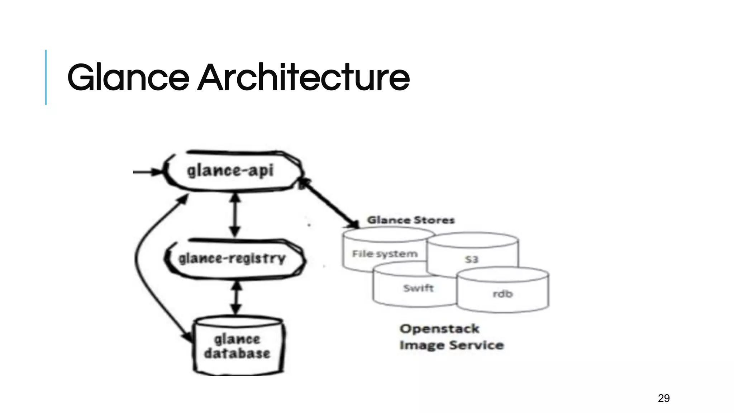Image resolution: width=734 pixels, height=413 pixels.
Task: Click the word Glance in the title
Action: coord(128,77)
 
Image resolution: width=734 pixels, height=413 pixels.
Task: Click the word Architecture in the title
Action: coord(304,77)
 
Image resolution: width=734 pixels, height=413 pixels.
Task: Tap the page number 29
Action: coord(664,398)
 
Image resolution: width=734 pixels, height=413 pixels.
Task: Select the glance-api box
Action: coord(231,171)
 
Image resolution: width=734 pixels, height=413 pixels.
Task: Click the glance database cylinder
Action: coord(238,346)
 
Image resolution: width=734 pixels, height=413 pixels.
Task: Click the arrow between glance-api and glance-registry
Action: coord(235,215)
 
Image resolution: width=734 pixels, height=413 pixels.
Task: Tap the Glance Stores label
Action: coord(411,220)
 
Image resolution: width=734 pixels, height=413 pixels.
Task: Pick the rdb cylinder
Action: coord(503,294)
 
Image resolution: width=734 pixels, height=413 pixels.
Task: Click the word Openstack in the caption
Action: coord(439,329)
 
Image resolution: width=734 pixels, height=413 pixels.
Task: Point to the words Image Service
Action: coord(452,345)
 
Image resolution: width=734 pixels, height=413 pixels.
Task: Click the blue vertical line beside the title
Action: coord(46,77)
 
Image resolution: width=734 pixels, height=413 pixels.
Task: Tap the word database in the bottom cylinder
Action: coord(237,353)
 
